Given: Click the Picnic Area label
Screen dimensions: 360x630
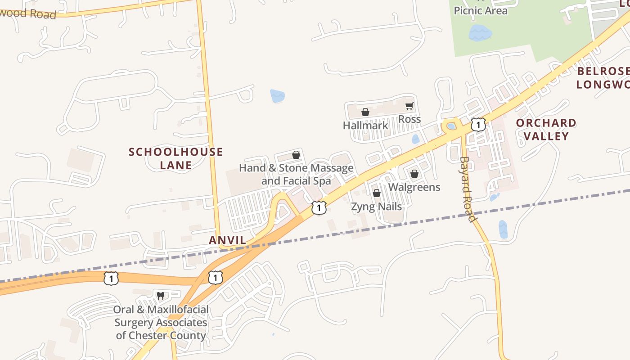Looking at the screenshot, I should point(480,10).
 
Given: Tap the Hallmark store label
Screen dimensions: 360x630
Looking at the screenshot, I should point(365,125).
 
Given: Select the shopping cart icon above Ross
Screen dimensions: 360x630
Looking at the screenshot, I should point(409,106).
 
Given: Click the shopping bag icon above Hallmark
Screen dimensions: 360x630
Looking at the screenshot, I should point(365,112).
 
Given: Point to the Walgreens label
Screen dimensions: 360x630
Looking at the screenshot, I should point(414,187).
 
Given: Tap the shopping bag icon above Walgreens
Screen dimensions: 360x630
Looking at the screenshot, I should point(414,173).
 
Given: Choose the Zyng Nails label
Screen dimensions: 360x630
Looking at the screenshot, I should point(376,207).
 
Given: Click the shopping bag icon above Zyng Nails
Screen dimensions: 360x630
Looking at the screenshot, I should point(377,193).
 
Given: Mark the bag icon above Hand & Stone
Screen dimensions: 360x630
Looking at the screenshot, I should point(296,155).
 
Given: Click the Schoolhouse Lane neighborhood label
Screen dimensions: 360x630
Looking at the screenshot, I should point(175,158).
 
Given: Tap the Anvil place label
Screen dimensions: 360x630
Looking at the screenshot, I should point(228,240).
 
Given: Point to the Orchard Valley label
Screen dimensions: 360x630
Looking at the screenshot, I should point(546,130).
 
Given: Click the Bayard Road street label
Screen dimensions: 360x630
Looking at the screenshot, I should point(468,189).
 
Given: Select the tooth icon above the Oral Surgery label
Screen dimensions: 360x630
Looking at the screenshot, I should point(160,296).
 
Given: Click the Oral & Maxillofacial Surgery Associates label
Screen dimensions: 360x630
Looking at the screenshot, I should point(161,322).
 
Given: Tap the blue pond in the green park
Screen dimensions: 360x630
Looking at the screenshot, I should point(480,33).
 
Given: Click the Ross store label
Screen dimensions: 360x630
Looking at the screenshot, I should point(409,119).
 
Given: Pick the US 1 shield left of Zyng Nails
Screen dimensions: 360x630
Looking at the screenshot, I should point(319,207).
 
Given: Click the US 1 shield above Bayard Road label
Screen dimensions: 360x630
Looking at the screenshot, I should point(478,124).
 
